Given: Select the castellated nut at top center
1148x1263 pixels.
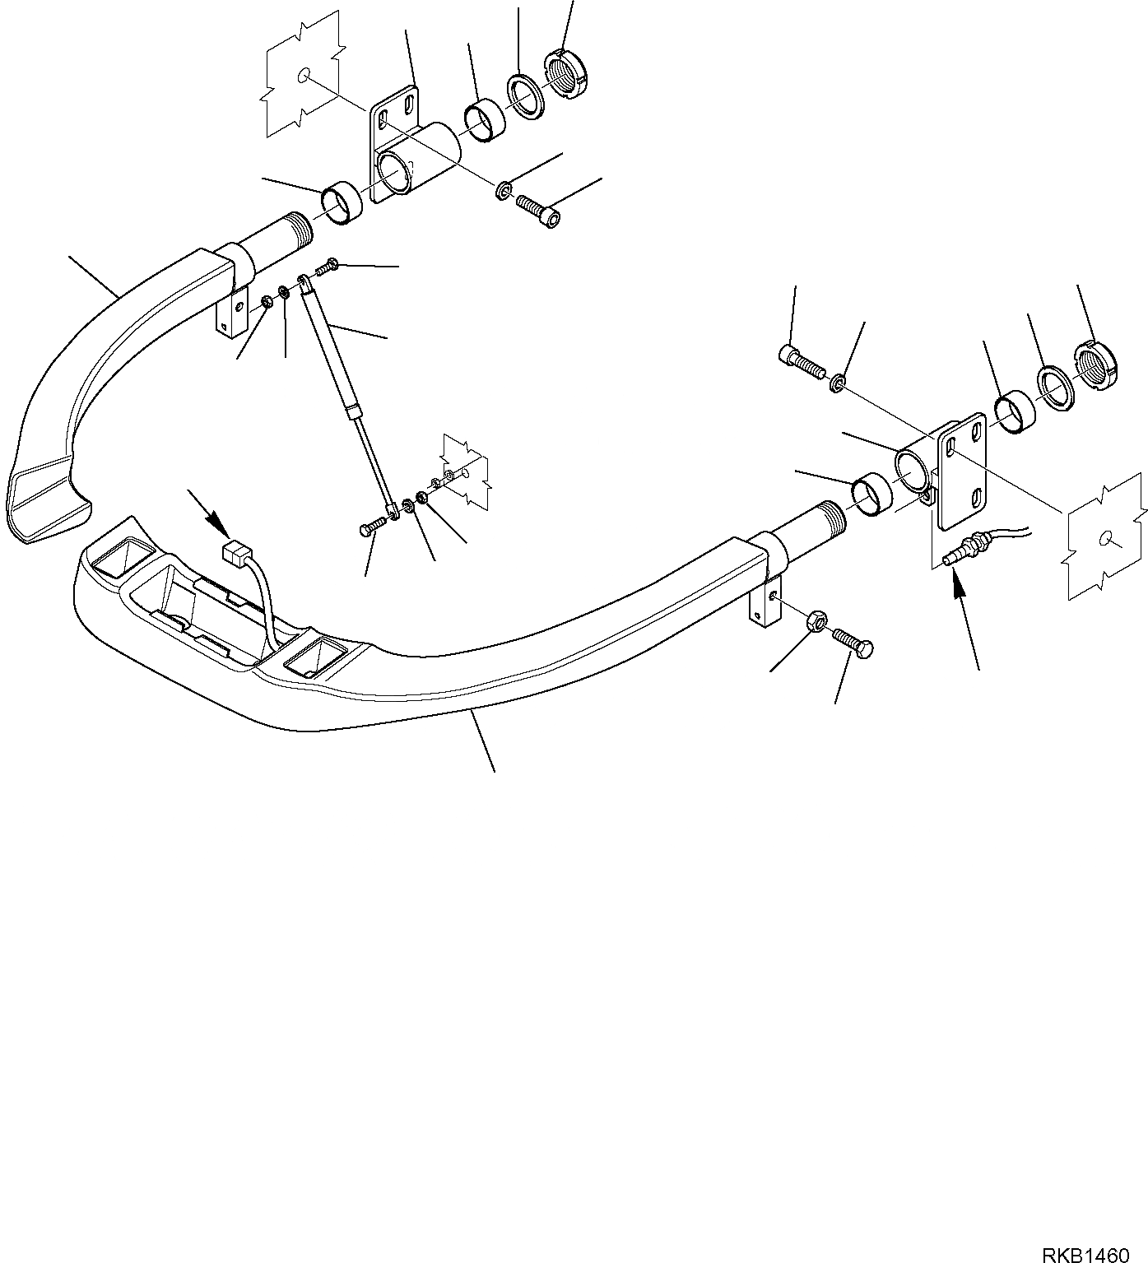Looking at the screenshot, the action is [567, 72].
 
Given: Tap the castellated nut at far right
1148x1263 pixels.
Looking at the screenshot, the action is [1096, 365].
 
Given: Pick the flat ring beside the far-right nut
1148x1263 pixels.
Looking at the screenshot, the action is [1055, 386].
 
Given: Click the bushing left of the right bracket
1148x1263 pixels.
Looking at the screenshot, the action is [870, 495].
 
